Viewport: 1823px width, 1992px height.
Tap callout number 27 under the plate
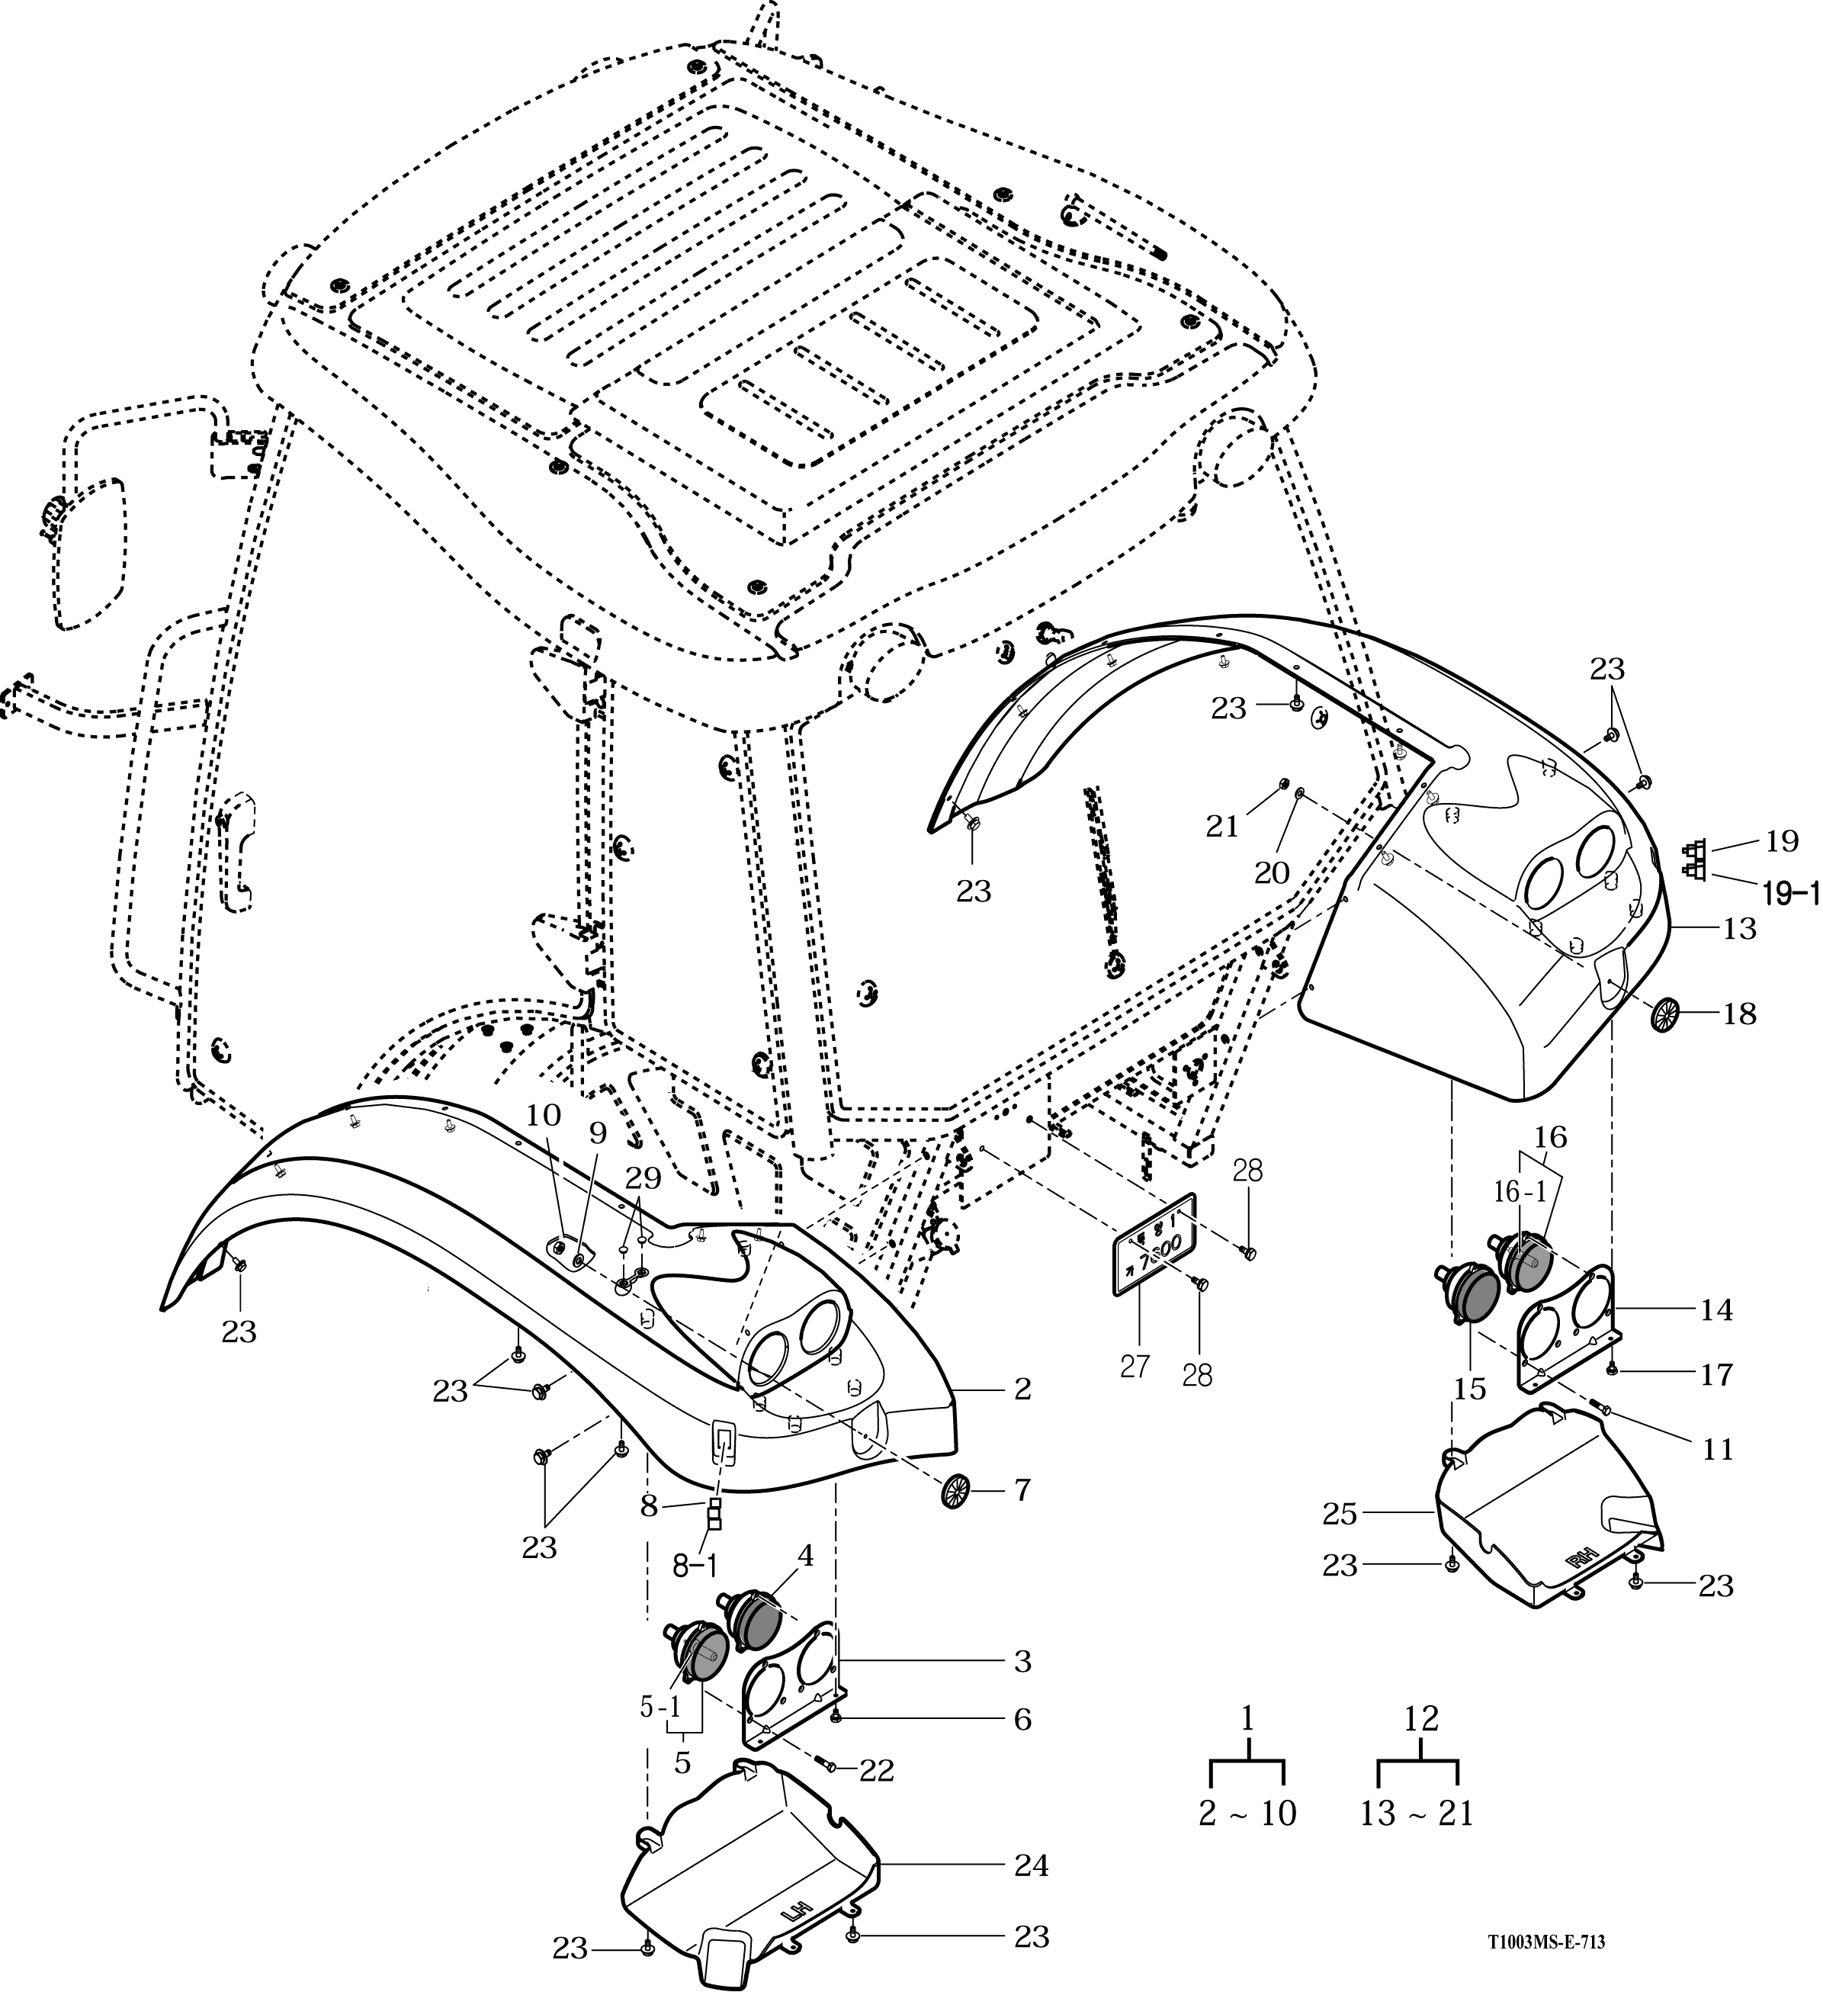pyautogui.click(x=1135, y=1367)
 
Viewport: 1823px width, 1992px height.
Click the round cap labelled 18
pyautogui.click(x=1665, y=1015)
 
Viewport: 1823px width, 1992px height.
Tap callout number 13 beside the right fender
pyautogui.click(x=1739, y=929)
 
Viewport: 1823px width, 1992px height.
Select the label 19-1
pyautogui.click(x=1790, y=895)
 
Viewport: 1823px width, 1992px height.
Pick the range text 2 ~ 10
pyautogui.click(x=1247, y=1813)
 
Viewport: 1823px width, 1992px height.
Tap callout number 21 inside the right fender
pyautogui.click(x=1222, y=827)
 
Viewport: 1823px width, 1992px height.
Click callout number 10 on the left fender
pyautogui.click(x=542, y=1114)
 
